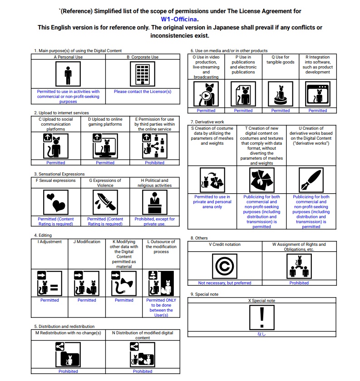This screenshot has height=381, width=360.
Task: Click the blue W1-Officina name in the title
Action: tap(179, 19)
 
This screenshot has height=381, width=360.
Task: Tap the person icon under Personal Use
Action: tap(68, 74)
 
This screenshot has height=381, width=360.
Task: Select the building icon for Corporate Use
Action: tap(143, 74)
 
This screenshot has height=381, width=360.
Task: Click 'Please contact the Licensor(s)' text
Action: tap(143, 92)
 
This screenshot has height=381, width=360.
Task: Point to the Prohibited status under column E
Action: tap(154, 163)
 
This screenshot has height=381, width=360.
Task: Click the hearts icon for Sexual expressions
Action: tap(56, 202)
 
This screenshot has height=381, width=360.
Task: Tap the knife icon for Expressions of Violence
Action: tap(105, 202)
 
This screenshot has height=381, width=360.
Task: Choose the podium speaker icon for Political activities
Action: tap(155, 202)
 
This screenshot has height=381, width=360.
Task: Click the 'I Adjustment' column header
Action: tap(49, 242)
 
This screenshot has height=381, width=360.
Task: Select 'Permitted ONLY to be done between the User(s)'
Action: tap(161, 308)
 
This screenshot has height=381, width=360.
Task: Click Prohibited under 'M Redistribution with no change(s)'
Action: tap(68, 371)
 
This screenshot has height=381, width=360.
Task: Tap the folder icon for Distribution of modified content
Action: tap(143, 355)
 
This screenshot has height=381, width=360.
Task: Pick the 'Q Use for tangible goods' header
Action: tap(281, 59)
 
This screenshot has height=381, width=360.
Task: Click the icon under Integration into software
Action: tap(318, 94)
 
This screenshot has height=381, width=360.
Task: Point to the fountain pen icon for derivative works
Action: tap(311, 180)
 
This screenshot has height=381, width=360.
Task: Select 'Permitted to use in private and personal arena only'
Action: tap(212, 202)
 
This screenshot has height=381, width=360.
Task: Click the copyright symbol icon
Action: tap(225, 266)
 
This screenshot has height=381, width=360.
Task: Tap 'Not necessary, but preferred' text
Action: tap(225, 283)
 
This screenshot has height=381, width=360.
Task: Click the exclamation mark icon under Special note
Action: tap(262, 317)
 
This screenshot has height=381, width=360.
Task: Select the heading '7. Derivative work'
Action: tap(207, 122)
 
